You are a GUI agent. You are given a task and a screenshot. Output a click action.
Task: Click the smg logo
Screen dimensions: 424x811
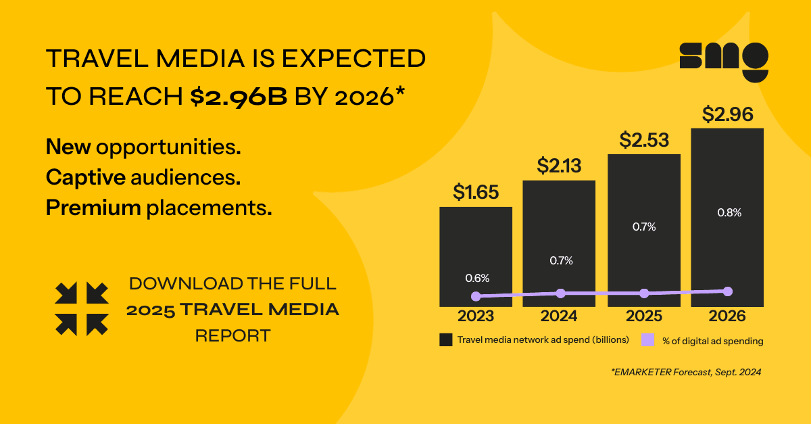coord(723,62)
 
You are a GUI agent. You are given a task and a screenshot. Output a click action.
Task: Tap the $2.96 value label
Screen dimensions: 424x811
coord(727,114)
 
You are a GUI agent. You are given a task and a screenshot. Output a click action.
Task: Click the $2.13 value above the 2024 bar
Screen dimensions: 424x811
coord(560,166)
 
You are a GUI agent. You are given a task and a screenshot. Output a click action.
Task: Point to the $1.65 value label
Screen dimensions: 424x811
coord(476,193)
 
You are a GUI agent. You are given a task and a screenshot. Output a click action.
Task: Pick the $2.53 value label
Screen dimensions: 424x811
coord(644,140)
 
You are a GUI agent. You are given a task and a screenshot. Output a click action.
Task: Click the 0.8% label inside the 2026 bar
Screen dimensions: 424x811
coord(728,212)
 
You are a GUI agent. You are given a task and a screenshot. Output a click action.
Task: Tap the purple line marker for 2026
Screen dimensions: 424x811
coord(728,291)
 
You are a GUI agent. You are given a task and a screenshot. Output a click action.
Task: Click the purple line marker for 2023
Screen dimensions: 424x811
coord(476,296)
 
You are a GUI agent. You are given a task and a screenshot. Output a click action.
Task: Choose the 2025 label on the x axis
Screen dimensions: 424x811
coord(643,316)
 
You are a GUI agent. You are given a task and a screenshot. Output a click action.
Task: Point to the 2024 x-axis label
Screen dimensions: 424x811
coord(560,316)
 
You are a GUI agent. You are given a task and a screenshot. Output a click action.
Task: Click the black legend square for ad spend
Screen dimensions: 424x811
coord(445,339)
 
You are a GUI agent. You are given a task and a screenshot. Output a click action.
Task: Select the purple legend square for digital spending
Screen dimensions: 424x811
coord(647,339)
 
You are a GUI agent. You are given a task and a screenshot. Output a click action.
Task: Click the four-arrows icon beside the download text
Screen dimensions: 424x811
coord(81,309)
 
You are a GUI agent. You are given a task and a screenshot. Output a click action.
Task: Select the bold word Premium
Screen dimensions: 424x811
coord(93,208)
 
